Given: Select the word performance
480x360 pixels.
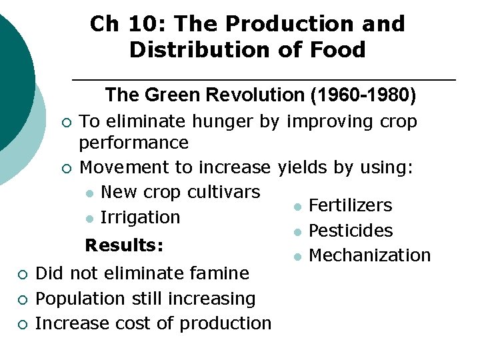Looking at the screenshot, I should point(133,143).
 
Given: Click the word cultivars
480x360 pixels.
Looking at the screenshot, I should point(223,192).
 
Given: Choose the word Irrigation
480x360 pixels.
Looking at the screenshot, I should point(140,217).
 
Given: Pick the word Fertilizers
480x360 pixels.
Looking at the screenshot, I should point(351,205).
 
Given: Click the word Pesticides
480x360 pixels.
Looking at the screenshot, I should point(351,231).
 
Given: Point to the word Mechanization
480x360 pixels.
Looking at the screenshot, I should point(370,255).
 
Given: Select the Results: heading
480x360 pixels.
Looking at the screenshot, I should point(124,245).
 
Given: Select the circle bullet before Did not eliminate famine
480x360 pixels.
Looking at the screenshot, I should point(22,274).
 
